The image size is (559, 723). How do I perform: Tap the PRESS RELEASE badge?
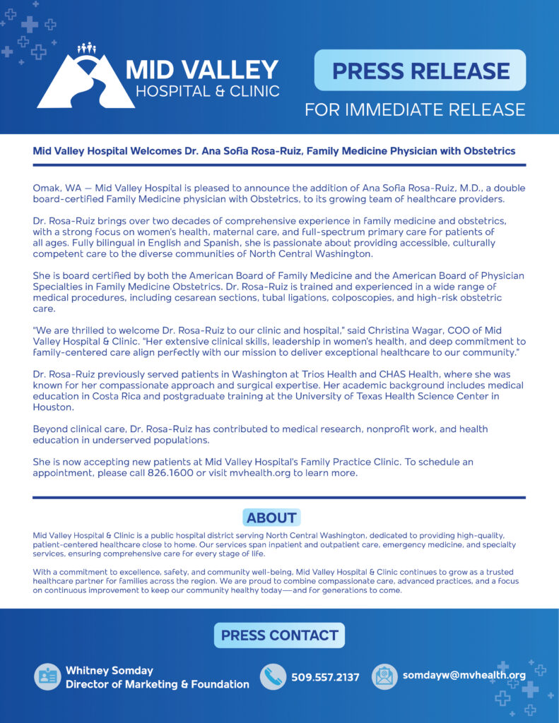(420, 71)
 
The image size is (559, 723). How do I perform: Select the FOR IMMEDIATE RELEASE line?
(415, 109)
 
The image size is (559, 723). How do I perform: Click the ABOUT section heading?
(271, 518)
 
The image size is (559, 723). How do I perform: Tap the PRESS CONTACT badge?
(279, 635)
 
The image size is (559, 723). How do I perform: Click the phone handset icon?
(273, 676)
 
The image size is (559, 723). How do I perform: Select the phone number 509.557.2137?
(325, 677)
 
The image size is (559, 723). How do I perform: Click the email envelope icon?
(385, 676)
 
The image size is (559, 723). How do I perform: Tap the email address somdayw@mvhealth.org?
(464, 676)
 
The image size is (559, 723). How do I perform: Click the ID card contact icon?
(47, 676)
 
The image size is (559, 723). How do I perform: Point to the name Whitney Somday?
(110, 670)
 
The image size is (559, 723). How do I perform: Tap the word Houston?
(54, 407)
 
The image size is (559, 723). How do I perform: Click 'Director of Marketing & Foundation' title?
(158, 684)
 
